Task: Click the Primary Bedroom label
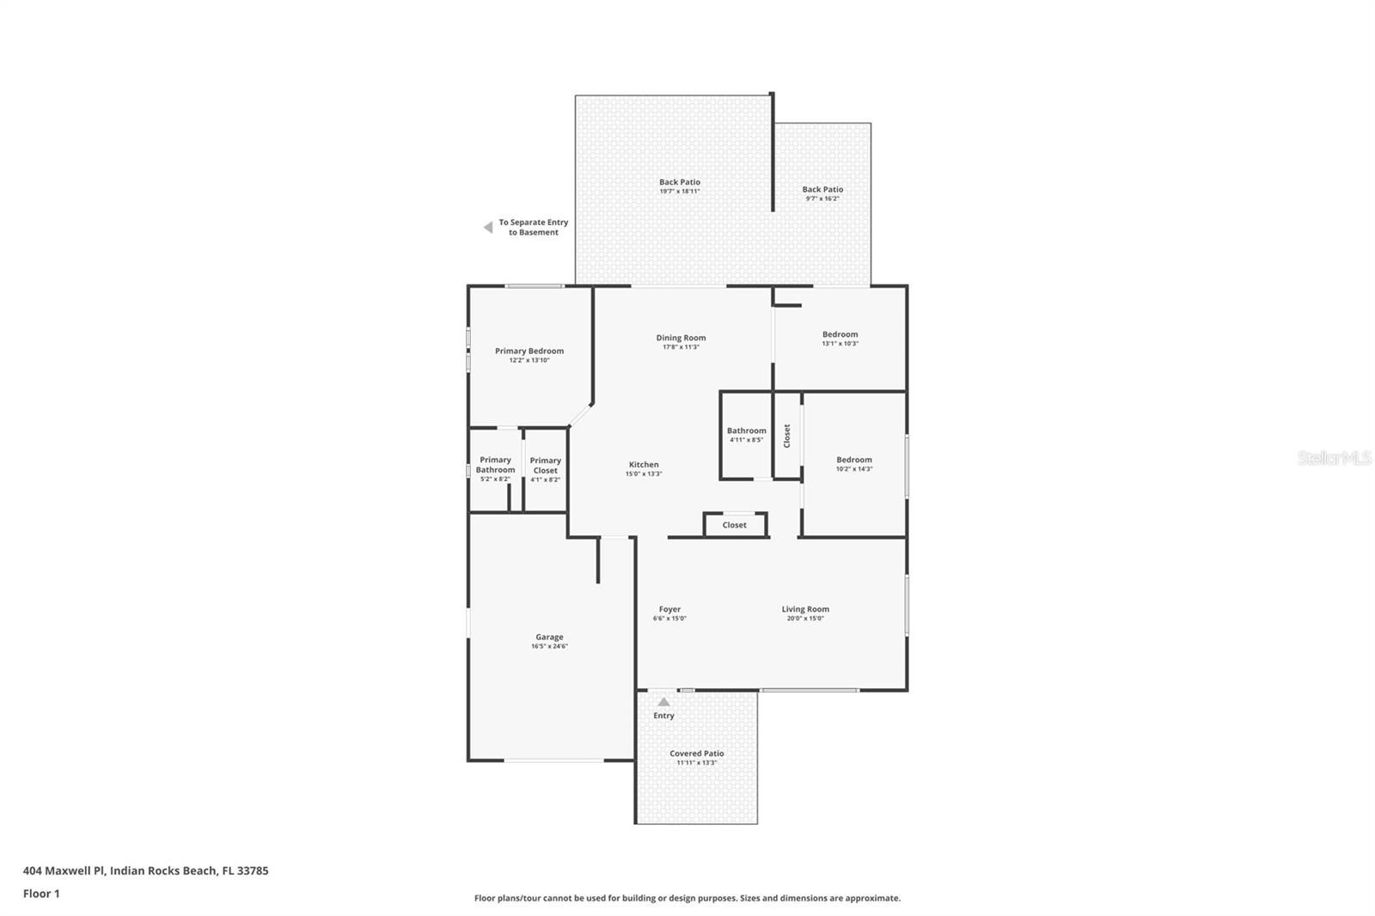point(529,351)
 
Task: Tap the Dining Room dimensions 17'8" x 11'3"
point(681,347)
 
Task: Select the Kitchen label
point(644,465)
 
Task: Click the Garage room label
point(549,638)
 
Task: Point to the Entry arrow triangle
point(663,702)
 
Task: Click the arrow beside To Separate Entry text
point(488,228)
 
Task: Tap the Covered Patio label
point(696,754)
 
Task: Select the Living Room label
point(805,609)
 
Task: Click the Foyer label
point(669,609)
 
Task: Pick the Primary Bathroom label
point(495,465)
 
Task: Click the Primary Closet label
point(545,465)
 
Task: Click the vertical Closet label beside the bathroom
point(786,436)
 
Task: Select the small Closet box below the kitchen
point(734,525)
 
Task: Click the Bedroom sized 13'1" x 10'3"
point(840,334)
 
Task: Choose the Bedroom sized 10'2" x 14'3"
point(853,460)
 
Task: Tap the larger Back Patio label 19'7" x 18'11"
point(679,182)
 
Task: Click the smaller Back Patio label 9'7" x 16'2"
point(822,189)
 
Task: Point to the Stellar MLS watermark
point(1334,458)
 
